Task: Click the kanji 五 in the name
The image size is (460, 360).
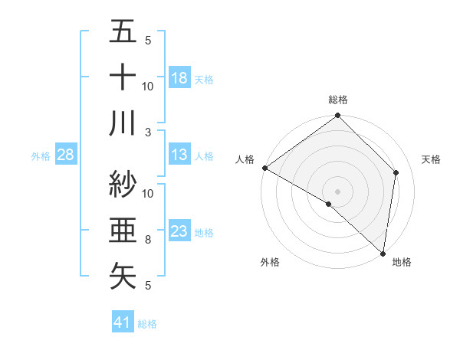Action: point(123,33)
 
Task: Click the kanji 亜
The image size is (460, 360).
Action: point(123,229)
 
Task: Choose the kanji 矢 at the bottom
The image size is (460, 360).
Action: point(123,274)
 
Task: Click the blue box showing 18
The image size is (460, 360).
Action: point(179,78)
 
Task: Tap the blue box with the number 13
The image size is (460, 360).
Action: point(179,155)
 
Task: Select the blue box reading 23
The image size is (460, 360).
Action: point(179,231)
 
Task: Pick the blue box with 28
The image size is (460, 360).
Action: point(65,155)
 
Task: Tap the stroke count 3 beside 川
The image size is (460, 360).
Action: point(148,132)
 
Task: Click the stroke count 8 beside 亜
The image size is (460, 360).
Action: point(148,240)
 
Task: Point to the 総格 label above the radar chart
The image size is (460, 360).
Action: point(338,100)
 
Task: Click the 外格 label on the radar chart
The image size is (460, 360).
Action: point(270,262)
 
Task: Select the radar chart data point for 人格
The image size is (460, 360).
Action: point(264,168)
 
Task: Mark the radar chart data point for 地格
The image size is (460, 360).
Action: point(383,254)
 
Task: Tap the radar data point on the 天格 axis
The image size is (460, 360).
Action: point(396,172)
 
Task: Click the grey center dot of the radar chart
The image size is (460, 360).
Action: point(338,191)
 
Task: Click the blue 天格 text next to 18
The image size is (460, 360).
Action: point(204,79)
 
